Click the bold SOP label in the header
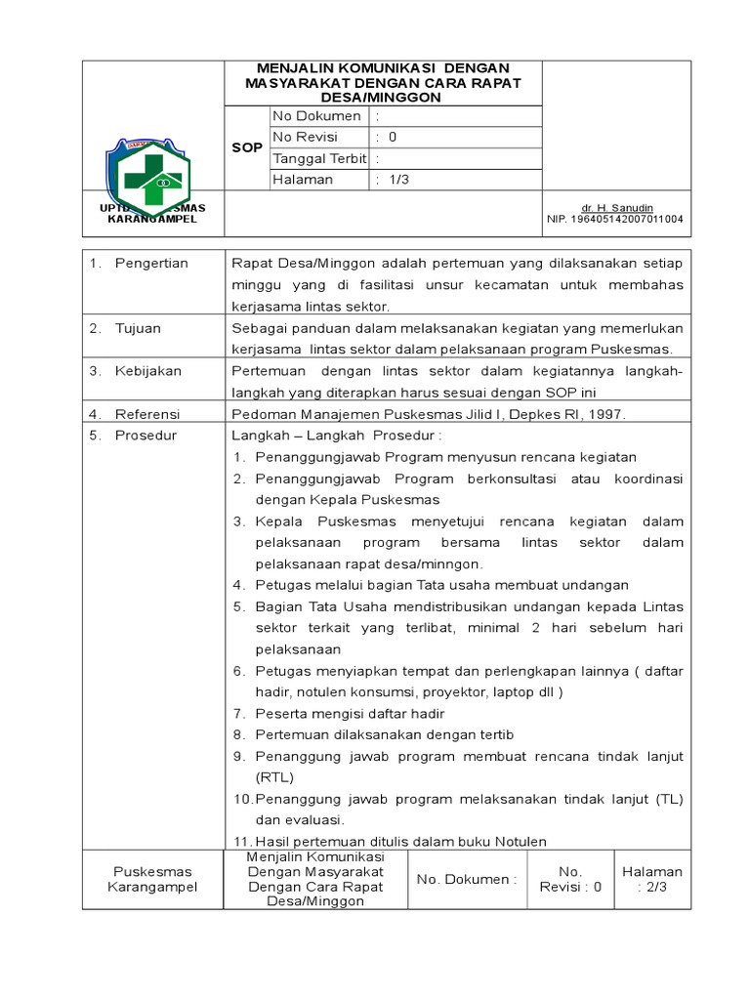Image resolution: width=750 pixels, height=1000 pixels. pos(247,148)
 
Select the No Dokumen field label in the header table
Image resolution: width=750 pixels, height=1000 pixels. pos(316,116)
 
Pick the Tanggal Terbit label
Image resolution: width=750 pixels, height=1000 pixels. pos(319,159)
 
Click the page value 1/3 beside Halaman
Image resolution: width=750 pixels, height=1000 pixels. pos(399,181)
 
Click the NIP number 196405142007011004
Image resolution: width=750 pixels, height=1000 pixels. pos(615,220)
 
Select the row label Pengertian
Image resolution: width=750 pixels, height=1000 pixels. pos(151,264)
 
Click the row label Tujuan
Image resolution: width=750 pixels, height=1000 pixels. pos(138,328)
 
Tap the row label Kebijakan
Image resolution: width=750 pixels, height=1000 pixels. pos(147,371)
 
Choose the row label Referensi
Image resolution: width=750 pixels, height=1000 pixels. pos(147,414)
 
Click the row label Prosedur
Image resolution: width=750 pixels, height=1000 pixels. pos(146,436)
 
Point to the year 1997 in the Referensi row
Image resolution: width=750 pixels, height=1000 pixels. pos(606,414)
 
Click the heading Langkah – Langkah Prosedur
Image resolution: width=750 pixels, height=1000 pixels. pos(336,436)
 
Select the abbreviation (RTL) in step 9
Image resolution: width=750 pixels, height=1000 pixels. pos(273,777)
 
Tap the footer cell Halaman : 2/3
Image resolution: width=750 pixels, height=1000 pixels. pos(652,879)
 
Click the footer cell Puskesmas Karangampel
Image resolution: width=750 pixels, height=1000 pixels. pos(152,879)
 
